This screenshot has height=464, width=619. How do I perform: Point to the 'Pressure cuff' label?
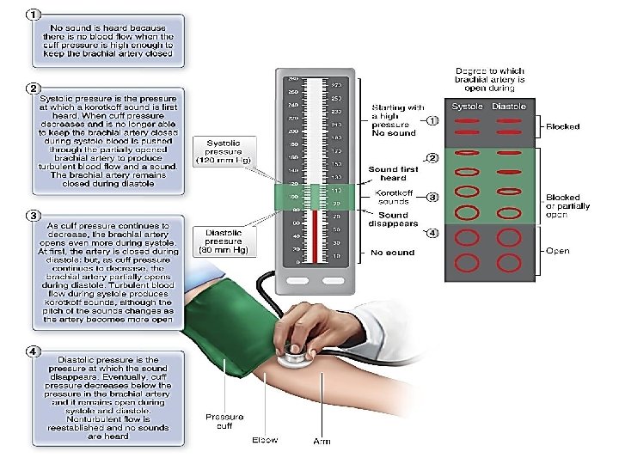[224, 422]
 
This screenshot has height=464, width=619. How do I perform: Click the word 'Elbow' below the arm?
[265, 440]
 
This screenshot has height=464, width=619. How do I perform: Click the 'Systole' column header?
[467, 107]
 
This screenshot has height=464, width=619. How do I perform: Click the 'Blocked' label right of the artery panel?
[564, 126]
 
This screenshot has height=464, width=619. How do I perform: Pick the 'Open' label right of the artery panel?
[559, 251]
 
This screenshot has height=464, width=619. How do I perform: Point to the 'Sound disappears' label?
[393, 220]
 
